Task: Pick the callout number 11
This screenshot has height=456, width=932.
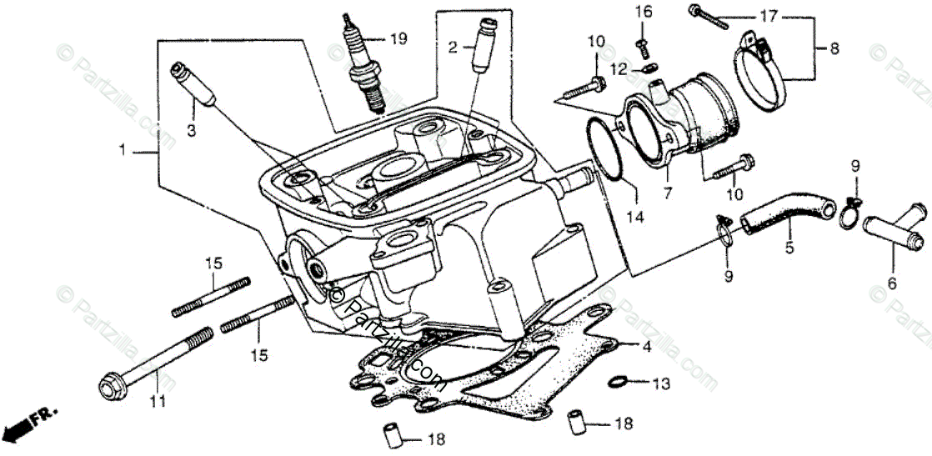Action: [x=158, y=401]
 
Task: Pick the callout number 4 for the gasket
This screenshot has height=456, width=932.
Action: [x=647, y=346]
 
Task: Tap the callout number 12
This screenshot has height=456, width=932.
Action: [x=617, y=70]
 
